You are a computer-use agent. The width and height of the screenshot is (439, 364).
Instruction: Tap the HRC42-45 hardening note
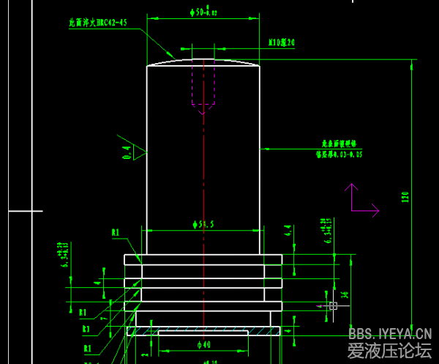[x=98, y=23]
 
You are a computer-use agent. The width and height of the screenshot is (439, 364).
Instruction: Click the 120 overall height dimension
[x=405, y=196]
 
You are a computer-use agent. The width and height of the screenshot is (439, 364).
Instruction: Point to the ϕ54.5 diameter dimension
[x=203, y=225]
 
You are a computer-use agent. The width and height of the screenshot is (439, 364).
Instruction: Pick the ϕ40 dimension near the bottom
[x=203, y=344]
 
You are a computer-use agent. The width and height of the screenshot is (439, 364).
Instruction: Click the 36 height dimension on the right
[x=345, y=294]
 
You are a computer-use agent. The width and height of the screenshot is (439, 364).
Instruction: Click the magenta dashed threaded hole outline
[x=203, y=84]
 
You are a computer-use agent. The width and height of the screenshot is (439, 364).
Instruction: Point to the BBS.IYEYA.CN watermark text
[x=389, y=333]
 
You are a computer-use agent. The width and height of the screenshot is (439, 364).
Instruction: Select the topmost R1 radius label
[x=115, y=233]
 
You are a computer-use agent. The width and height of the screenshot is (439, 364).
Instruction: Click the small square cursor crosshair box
[x=333, y=305]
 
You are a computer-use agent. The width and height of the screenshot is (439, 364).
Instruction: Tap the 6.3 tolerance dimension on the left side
[x=64, y=253]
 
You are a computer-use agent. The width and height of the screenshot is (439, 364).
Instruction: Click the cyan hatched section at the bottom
[x=203, y=332]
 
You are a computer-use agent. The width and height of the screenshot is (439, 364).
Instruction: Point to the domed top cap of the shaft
[x=203, y=62]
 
